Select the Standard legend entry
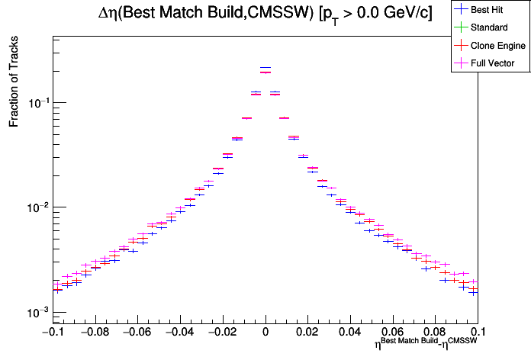pyautogui.click(x=489, y=27)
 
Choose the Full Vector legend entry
pyautogui.click(x=493, y=63)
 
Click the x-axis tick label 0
pyautogui.click(x=265, y=332)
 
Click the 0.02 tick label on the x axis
pyautogui.click(x=308, y=332)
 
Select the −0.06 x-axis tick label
pyautogui.click(x=137, y=332)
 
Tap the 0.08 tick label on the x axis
pyautogui.click(x=436, y=332)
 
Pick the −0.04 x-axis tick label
pyautogui.click(x=180, y=332)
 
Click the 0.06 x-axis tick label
pyautogui.click(x=393, y=332)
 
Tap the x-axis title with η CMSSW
pyautogui.click(x=426, y=346)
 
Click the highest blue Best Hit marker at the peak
pyautogui.click(x=265, y=68)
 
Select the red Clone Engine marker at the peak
pyautogui.click(x=265, y=72)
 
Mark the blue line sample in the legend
pyautogui.click(x=460, y=10)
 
